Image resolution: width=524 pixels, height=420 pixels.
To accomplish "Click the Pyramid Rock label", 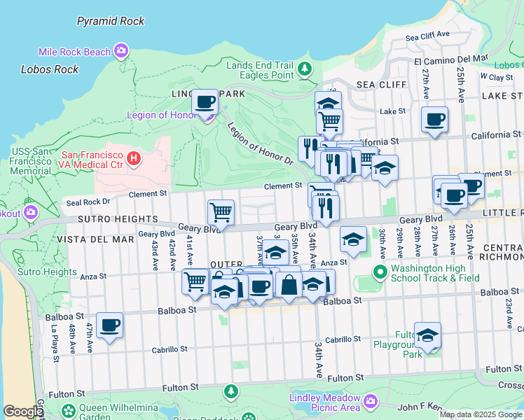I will point(111,21).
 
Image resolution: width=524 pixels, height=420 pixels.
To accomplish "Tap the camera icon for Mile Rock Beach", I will point(122,51).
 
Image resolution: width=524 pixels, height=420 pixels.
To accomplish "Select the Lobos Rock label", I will point(50,69).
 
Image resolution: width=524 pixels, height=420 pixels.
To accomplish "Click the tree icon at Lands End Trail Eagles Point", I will point(304,69).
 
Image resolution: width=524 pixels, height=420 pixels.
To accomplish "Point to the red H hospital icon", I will point(134,160).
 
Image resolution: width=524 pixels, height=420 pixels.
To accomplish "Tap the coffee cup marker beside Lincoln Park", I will point(205,102).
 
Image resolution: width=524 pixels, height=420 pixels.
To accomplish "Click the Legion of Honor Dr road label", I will point(260,145).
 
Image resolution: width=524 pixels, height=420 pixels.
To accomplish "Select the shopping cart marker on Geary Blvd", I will point(221,211).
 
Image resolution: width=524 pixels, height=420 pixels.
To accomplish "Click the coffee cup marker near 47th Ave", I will point(110,325).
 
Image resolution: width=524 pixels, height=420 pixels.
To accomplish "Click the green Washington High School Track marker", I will point(380,272).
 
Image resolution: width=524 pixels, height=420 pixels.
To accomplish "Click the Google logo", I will point(23,412).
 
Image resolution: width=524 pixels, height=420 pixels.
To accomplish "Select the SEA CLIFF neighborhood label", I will point(382,85).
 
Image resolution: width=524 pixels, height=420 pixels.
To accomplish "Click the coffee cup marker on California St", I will point(434,119).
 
